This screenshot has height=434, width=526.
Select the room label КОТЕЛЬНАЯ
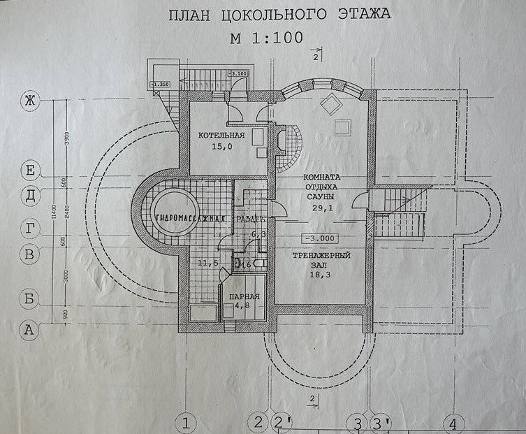[x=220, y=135]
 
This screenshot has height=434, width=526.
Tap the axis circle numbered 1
[x=186, y=422]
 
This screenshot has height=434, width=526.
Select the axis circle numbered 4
[x=453, y=423]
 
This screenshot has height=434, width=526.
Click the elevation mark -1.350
[x=159, y=84]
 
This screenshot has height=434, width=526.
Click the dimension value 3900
[x=66, y=139]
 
